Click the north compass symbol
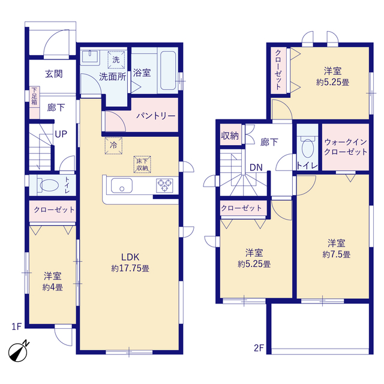tap(18, 352)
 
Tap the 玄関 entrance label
tap(54, 74)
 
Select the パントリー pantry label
tap(156, 116)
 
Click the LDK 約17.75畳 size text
tap(130, 268)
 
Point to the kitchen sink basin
tap(122, 185)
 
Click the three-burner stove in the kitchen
tap(164, 185)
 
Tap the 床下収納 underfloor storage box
tap(142, 164)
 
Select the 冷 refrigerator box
tap(113, 146)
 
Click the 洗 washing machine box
tap(116, 60)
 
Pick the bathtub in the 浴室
tap(168, 71)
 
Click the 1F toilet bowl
tap(49, 185)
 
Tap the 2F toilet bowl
tap(308, 149)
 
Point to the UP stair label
tap(61, 134)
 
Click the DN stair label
tap(256, 167)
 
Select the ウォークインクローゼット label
tap(346, 147)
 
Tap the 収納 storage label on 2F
tap(230, 136)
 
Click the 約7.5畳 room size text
tap(336, 254)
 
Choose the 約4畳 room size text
tap(53, 287)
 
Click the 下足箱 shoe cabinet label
tap(34, 95)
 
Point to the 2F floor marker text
tap(259, 348)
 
